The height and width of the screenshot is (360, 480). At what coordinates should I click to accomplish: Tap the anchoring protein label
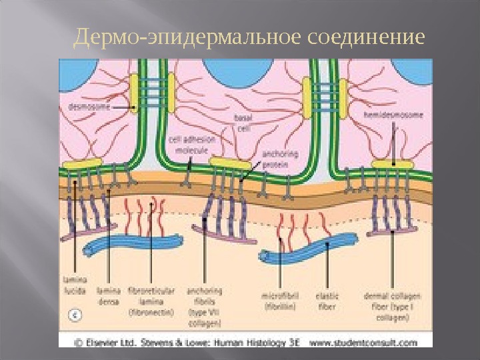point(275,159)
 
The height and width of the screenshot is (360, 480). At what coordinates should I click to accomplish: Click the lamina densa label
point(108,295)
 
